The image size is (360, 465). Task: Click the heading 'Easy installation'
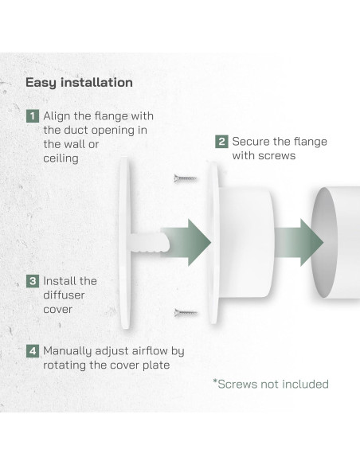point(79,82)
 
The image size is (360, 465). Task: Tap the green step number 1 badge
point(32,115)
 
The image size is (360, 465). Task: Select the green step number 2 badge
point(221,141)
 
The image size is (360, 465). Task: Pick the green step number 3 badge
point(32,280)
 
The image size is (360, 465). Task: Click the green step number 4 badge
point(32,350)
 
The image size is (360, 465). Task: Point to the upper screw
point(186,179)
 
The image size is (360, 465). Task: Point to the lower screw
point(186,311)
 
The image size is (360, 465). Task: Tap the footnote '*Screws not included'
point(270,384)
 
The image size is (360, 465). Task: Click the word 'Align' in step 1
point(58,115)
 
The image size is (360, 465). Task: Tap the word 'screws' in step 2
point(276,155)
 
